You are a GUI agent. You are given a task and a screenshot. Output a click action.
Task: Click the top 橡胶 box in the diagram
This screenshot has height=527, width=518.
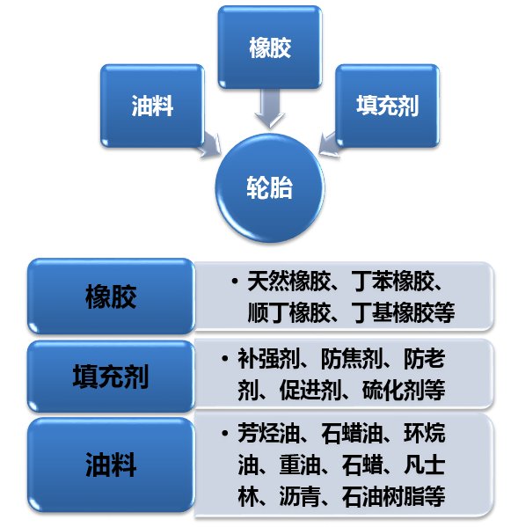pyautogui.click(x=270, y=48)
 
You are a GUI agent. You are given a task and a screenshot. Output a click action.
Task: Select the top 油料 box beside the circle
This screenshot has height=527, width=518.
pyautogui.click(x=152, y=106)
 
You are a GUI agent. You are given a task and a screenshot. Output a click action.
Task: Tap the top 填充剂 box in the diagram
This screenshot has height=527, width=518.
pyautogui.click(x=387, y=106)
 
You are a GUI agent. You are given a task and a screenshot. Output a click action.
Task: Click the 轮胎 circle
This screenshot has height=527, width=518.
pyautogui.click(x=270, y=187)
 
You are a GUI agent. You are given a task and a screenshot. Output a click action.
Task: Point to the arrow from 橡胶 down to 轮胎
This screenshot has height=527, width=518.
pyautogui.click(x=270, y=108)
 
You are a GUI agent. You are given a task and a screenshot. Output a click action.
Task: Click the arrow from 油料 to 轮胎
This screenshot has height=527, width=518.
pyautogui.click(x=210, y=145)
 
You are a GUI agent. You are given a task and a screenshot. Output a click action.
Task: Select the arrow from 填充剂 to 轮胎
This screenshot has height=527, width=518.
pyautogui.click(x=330, y=144)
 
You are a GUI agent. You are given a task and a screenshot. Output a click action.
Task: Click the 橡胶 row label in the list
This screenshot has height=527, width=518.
pyautogui.click(x=111, y=296)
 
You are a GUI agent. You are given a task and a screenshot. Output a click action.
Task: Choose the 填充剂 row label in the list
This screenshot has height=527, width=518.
pyautogui.click(x=111, y=376)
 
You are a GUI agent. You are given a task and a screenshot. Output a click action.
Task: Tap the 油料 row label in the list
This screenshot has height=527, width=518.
pyautogui.click(x=111, y=465)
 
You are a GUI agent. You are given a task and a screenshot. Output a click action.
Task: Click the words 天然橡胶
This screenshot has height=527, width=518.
pyautogui.click(x=288, y=281)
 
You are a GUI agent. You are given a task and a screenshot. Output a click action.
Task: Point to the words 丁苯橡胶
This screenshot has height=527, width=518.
pyautogui.click(x=392, y=281)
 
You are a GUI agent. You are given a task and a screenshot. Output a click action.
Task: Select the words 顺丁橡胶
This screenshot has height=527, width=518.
pyautogui.click(x=288, y=312)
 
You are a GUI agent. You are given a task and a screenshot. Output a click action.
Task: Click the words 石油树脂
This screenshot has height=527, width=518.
pyautogui.click(x=383, y=496)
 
